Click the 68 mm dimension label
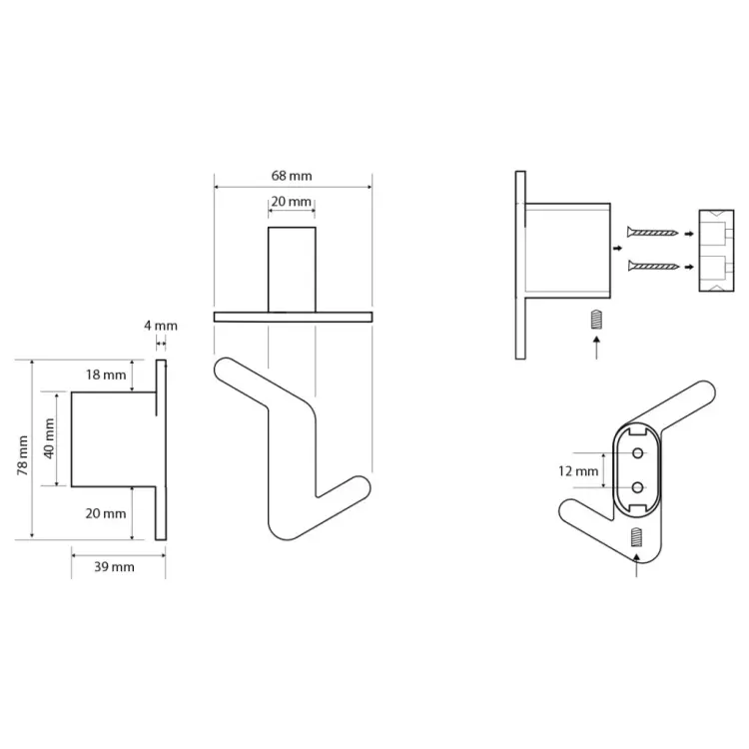pyautogui.click(x=292, y=176)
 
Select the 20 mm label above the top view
pyautogui.click(x=292, y=202)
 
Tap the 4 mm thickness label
pyautogui.click(x=161, y=326)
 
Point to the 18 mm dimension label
pyautogui.click(x=106, y=374)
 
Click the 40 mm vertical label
pyautogui.click(x=49, y=438)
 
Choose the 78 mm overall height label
pyautogui.click(x=22, y=455)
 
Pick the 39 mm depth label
pyautogui.click(x=114, y=567)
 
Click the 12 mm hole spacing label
pyautogui.click(x=578, y=471)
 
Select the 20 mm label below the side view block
pyautogui.click(x=106, y=513)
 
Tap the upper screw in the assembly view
pyautogui.click(x=653, y=233)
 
